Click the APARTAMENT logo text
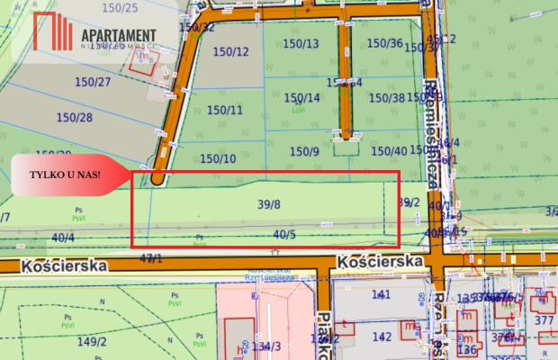pos(118,34)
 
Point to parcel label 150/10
pos(218,158)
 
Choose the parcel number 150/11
pos(225,110)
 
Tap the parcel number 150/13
pos(301,43)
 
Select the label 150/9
pos(304,151)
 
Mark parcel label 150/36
pos(385,42)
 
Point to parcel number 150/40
pos(389,150)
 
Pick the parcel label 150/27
pos(93,82)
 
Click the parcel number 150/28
pos(75,117)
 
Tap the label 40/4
pos(62,238)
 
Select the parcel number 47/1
pos(151,258)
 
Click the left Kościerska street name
pos(67,265)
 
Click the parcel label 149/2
pos(92,341)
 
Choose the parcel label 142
pos(382,337)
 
